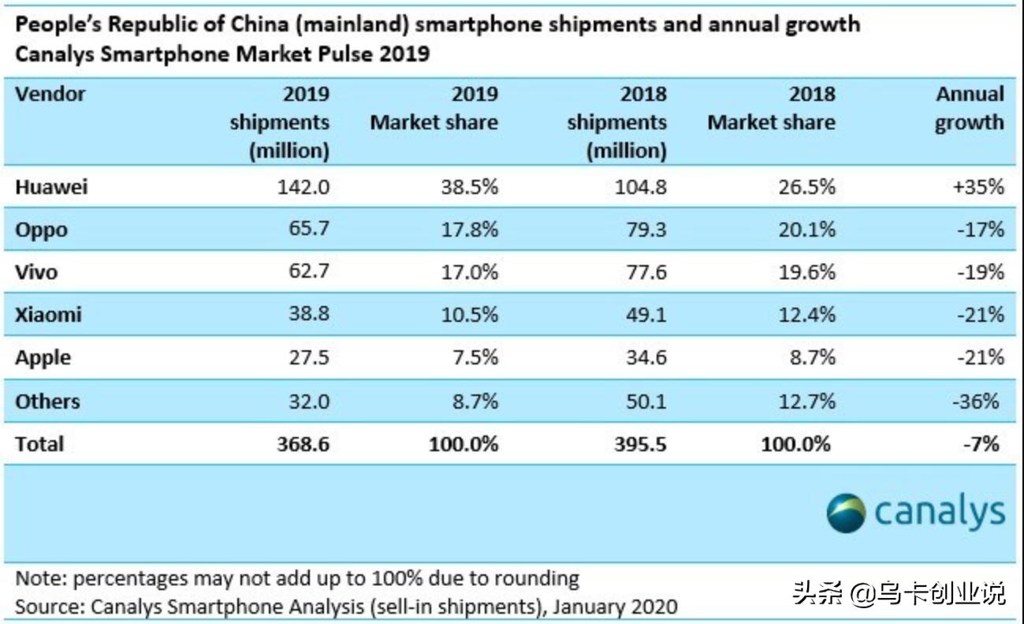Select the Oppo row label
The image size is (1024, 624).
(x=42, y=231)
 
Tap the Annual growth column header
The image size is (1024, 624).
(x=970, y=108)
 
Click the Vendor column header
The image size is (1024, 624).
(x=50, y=95)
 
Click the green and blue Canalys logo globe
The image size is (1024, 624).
(x=847, y=513)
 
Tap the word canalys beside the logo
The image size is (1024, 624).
(x=940, y=513)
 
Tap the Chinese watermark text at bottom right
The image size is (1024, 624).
(x=899, y=592)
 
